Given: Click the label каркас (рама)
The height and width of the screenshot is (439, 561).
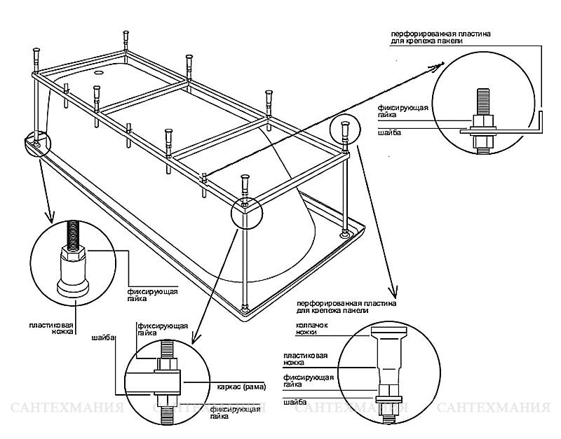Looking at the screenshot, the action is [x=243, y=387].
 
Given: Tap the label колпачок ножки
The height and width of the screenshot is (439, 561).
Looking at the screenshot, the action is [x=312, y=328].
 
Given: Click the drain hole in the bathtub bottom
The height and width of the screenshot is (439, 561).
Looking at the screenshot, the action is [x=98, y=74].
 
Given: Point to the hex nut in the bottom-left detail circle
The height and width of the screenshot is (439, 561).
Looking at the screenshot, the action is [x=74, y=253].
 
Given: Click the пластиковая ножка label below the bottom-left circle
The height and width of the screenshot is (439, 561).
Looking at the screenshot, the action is [x=51, y=328].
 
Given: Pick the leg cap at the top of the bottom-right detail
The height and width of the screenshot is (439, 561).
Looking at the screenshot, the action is [x=389, y=331].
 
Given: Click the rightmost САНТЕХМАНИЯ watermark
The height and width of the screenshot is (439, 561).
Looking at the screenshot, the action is [x=493, y=407].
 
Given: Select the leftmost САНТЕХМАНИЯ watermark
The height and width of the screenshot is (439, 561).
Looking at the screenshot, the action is [x=67, y=407].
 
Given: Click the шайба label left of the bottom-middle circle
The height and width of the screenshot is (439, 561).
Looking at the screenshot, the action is [x=103, y=337].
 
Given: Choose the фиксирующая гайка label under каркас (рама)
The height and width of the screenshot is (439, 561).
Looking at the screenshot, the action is [x=235, y=412].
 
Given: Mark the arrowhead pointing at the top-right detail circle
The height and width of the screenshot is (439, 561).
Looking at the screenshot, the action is [x=437, y=66].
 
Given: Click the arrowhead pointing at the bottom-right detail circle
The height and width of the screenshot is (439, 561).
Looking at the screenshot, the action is [x=394, y=291].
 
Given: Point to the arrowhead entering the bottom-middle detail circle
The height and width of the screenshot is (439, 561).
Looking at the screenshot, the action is [x=195, y=337].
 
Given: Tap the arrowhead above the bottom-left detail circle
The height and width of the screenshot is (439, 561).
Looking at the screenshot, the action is [x=49, y=216].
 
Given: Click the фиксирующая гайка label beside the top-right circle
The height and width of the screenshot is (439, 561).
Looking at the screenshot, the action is [x=403, y=111].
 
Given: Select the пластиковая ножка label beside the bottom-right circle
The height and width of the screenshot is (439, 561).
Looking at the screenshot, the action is [x=306, y=359].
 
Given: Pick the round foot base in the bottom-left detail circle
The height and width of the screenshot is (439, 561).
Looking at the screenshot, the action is [x=73, y=288].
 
